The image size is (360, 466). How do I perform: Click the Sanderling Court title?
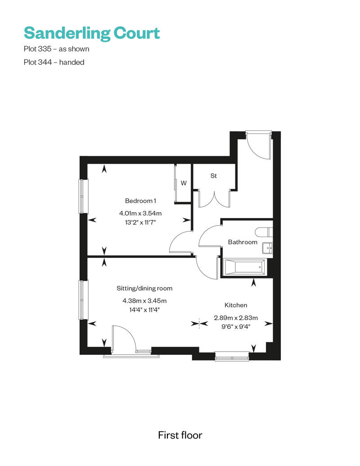click(92, 33)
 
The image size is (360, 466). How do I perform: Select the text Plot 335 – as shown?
click(56, 49)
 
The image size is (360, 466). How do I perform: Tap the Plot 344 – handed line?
click(54, 63)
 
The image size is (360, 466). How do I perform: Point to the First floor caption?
click(180, 435)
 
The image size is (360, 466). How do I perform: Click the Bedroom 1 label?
click(141, 201)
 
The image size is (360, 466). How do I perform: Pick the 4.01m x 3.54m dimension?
click(140, 213)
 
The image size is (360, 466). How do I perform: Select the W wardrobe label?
click(184, 183)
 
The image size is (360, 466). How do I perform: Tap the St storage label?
click(214, 176)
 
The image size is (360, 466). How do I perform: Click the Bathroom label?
click(243, 242)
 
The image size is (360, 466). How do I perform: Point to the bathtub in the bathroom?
click(244, 268)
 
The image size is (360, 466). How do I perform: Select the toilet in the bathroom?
click(263, 232)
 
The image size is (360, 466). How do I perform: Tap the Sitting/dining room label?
click(144, 288)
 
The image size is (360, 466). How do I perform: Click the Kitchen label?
click(236, 305)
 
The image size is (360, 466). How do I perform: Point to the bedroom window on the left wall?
click(84, 196)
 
